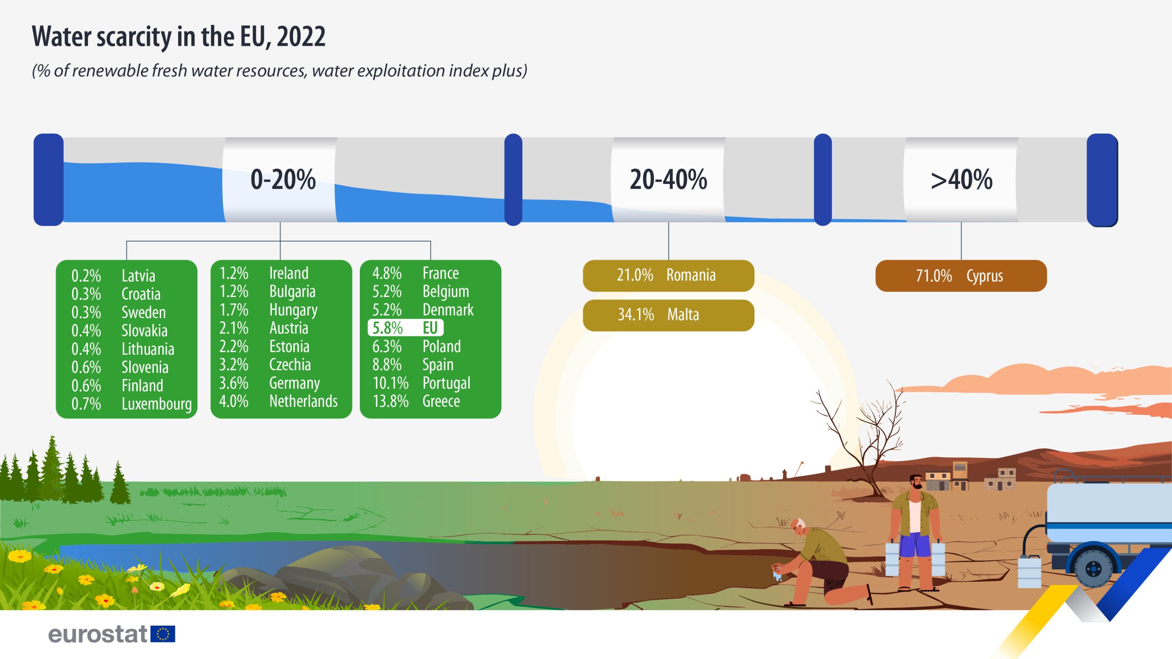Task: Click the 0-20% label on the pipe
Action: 283,179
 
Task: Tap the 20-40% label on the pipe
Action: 668,179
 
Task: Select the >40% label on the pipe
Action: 961,179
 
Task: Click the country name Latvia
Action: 138,275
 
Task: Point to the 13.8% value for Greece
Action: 390,401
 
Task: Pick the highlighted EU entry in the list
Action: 406,328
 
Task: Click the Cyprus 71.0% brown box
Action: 961,275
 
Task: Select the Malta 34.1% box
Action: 668,315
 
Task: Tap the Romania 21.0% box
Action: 668,275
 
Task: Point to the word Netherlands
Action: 304,401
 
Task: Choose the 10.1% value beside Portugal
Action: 390,383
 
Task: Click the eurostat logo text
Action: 98,634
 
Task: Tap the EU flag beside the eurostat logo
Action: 163,634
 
